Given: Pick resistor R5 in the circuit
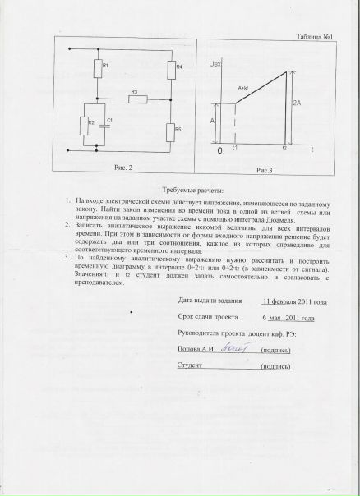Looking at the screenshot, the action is click(x=168, y=131).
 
